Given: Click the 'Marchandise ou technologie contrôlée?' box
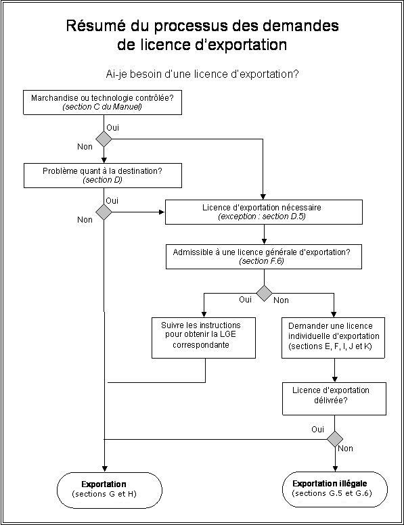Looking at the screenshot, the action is [x=102, y=102].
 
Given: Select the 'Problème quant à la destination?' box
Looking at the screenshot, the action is [x=103, y=175].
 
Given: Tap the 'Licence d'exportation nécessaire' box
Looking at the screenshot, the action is [x=264, y=212].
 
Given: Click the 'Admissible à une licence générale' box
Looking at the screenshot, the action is [x=264, y=256].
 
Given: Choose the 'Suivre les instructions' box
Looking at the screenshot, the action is [x=204, y=338].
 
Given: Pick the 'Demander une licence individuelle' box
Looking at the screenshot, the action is [x=333, y=338].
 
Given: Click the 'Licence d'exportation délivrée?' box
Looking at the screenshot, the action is [x=334, y=398].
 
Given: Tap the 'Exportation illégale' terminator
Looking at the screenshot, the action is [x=335, y=489].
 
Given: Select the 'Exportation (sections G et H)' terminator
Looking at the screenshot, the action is [x=110, y=490].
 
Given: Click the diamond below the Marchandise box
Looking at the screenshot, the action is [x=104, y=139].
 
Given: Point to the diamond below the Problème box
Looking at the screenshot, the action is [x=104, y=212].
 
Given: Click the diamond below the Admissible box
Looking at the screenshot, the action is [x=265, y=294].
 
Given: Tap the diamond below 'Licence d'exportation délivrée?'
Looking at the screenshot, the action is [x=335, y=439].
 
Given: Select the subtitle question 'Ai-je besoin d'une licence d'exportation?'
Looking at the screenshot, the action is [x=202, y=74].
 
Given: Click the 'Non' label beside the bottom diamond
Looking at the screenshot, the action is [x=345, y=449].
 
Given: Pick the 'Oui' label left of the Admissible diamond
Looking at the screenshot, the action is [x=245, y=299].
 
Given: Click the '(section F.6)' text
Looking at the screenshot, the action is [x=262, y=261].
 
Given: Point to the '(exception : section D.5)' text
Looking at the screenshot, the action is [x=262, y=216].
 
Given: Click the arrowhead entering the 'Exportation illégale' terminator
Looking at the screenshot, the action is [x=335, y=468].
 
